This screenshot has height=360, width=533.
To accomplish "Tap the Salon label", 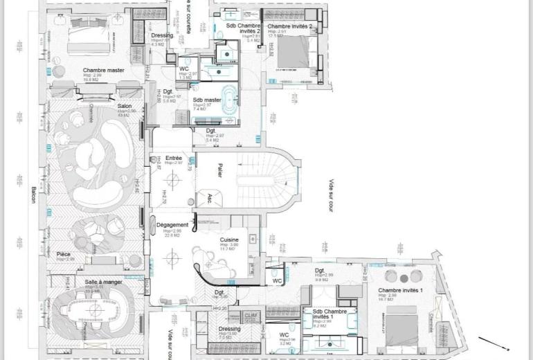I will (x=125, y=107).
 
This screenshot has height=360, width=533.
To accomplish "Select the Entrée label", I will (x=174, y=158).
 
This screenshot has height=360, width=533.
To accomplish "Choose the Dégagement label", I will (x=172, y=225).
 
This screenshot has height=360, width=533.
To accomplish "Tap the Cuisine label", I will (x=231, y=240).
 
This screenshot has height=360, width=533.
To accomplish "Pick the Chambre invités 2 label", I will (x=291, y=26).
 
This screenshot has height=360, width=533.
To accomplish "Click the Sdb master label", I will (x=207, y=100).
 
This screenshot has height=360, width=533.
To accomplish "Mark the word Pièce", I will (x=64, y=254).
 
